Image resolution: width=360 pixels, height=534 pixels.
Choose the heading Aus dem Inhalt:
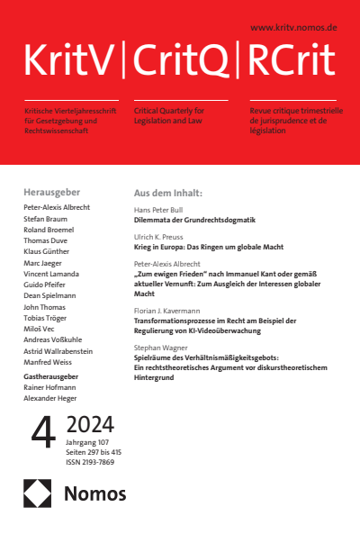[x=168, y=193]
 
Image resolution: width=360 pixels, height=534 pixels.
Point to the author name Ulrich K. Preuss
[x=165, y=236]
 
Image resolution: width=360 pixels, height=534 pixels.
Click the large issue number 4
[x=40, y=433]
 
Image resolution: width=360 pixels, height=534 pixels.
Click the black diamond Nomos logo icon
[x=39, y=493]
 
